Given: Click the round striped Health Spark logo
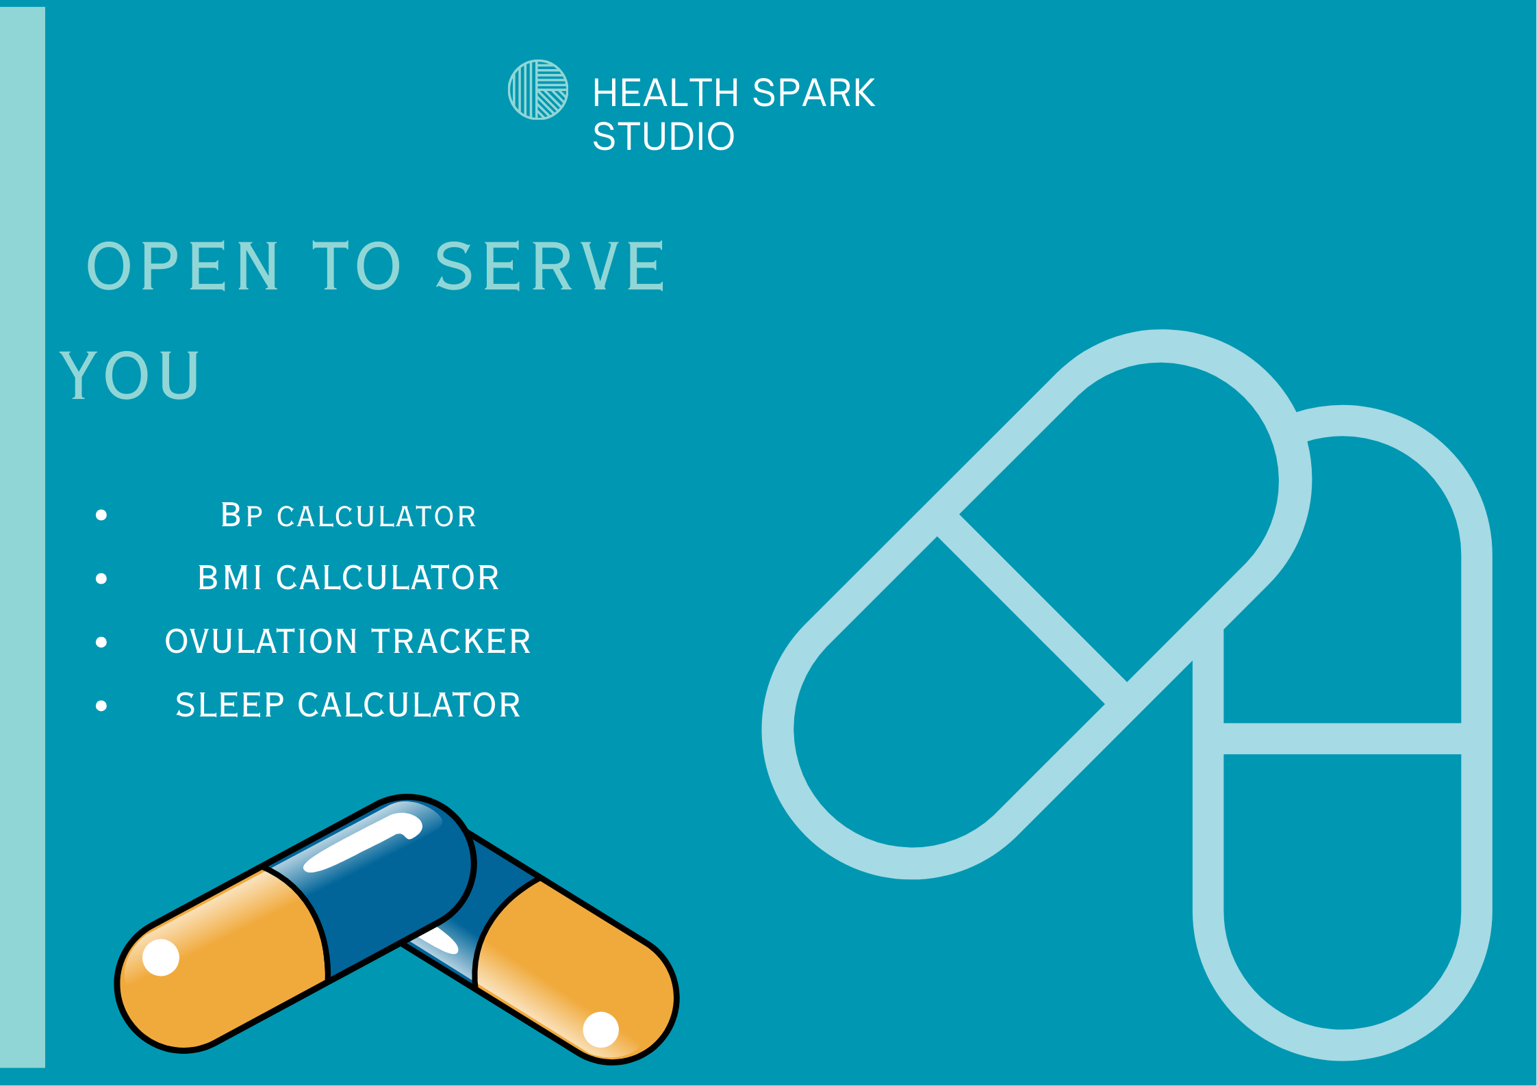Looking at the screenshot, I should coord(537,90).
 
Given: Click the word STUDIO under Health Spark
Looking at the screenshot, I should coord(663,136).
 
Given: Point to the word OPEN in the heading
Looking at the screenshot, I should coord(183,266).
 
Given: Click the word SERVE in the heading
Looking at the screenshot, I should coord(550,266).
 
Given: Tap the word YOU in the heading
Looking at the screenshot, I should coord(130,374).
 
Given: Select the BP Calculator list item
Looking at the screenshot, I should coord(348,516).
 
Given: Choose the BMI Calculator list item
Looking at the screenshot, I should coord(348,578).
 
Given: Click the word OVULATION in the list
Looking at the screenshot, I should coord(261,642).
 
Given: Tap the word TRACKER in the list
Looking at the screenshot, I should coord(451,642).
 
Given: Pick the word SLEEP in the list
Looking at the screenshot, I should coord(229,706).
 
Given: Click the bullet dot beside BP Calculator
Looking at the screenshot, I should coord(101,515).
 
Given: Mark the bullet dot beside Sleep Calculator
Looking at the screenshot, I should coord(101,706).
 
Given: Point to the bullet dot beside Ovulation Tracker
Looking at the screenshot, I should coord(101,642).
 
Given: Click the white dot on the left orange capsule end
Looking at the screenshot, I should coord(161,957).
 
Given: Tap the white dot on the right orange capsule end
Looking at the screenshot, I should coord(600,1029).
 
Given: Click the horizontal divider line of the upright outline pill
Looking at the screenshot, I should coord(1342,738).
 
